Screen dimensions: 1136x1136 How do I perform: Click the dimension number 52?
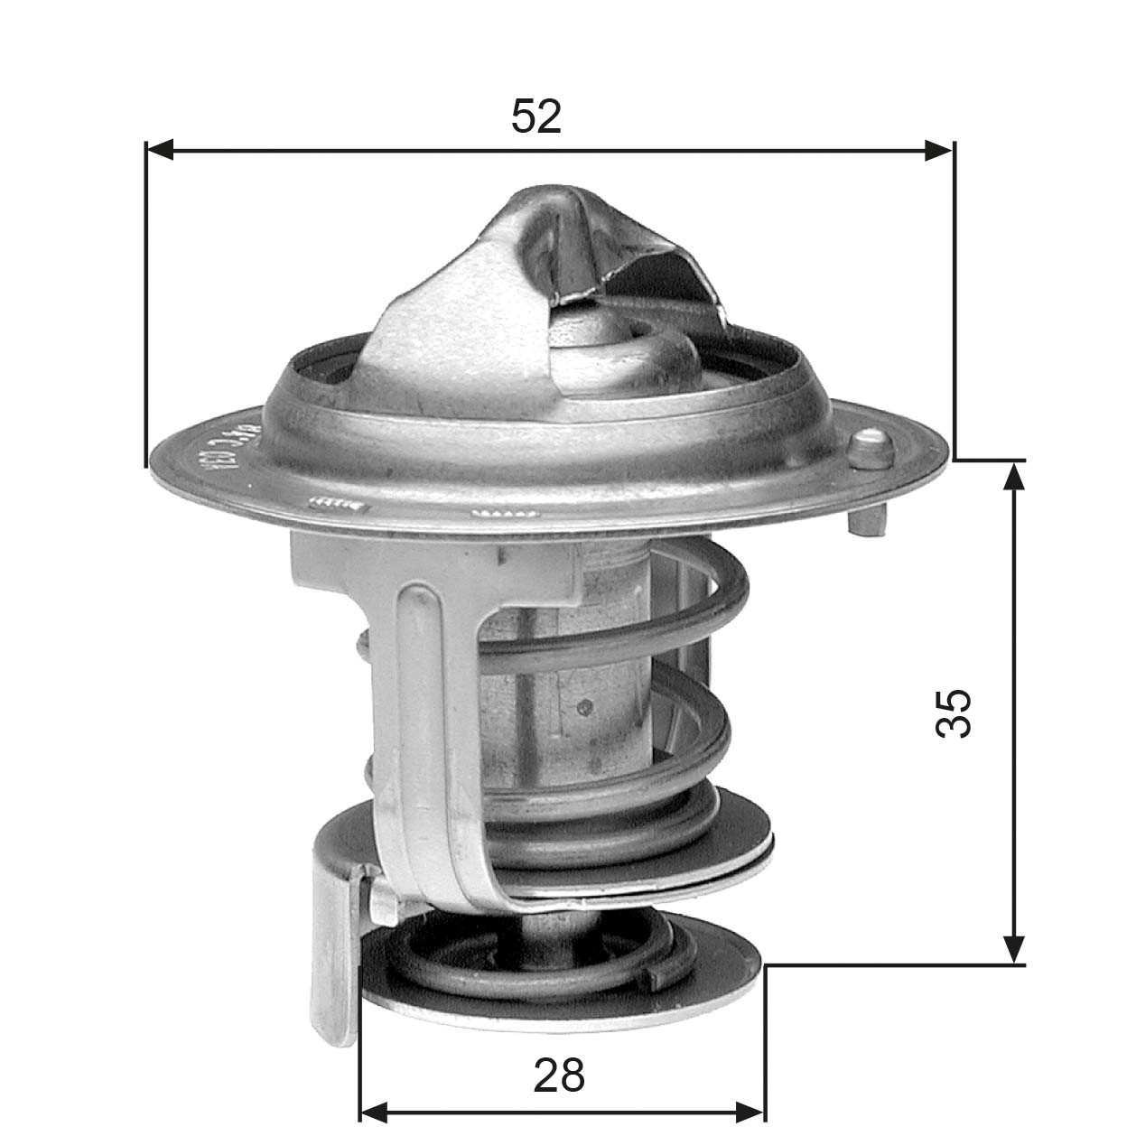pos(536,117)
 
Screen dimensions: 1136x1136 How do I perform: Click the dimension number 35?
pos(954,713)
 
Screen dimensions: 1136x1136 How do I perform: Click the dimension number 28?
pos(559,1075)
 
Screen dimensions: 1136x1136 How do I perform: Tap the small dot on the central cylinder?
pos(586,706)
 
